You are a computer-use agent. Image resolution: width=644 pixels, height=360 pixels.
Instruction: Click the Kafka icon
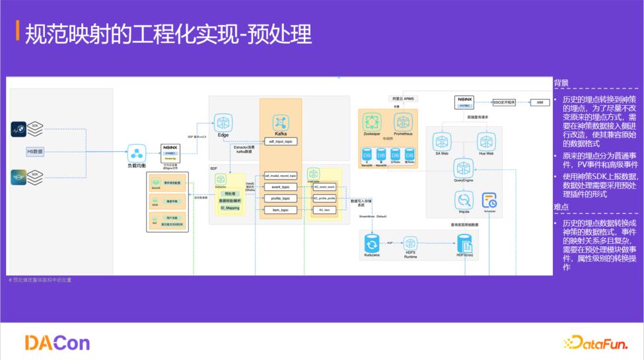(x=281, y=122)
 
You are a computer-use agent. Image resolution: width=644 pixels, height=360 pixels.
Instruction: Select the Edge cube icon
(x=223, y=123)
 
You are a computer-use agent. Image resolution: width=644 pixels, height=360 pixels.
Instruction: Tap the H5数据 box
(x=35, y=151)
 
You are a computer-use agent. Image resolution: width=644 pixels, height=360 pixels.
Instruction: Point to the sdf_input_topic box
(x=281, y=141)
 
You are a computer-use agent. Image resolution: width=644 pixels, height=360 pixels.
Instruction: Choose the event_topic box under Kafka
(x=281, y=187)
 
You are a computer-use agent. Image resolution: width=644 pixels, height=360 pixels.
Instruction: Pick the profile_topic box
(x=281, y=198)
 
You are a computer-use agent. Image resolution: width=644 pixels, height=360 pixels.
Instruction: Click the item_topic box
(x=281, y=209)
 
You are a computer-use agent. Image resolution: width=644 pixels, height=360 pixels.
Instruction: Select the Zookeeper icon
(x=372, y=122)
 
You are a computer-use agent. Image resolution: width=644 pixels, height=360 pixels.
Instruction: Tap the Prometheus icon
(x=403, y=122)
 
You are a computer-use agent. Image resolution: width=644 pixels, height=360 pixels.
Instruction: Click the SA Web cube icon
(x=442, y=141)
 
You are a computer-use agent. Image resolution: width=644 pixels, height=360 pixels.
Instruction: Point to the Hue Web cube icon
(x=487, y=141)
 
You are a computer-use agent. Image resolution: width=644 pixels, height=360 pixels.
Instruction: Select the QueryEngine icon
(x=463, y=167)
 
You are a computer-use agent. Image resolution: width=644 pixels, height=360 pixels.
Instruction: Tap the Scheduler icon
(x=489, y=199)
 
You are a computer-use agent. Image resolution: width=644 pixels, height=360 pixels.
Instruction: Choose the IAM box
(x=539, y=102)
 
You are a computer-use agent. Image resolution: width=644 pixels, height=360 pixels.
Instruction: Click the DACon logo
(x=57, y=342)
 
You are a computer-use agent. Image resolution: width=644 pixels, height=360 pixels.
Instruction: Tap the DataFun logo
(x=594, y=342)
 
